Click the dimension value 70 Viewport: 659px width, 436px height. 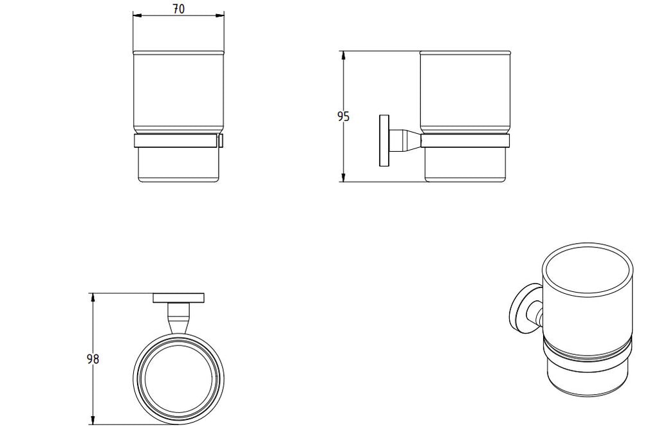click(178, 8)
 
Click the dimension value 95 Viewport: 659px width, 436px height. click(343, 116)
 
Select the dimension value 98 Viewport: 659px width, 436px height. click(93, 359)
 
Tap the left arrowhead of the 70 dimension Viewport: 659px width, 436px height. click(136, 16)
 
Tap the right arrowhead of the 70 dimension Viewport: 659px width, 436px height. click(221, 16)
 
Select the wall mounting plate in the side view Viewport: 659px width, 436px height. click(384, 141)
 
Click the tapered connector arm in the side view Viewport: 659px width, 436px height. click(404, 141)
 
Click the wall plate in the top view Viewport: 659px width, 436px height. click(178, 298)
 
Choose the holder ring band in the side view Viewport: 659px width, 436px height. click(465, 141)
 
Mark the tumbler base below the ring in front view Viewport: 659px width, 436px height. click(178, 165)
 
